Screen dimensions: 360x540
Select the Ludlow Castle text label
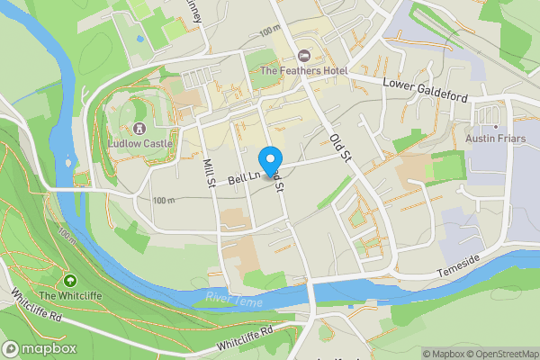[139, 143]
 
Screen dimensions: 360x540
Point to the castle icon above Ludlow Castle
[139, 129]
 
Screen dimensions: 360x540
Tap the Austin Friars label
[494, 139]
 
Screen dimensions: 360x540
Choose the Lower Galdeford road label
[427, 83]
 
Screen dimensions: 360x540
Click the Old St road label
[339, 147]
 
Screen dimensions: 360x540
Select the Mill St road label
[209, 172]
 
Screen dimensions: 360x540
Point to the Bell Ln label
[243, 179]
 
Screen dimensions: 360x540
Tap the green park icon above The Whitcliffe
[70, 281]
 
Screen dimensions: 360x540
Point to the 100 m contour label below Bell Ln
[165, 201]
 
